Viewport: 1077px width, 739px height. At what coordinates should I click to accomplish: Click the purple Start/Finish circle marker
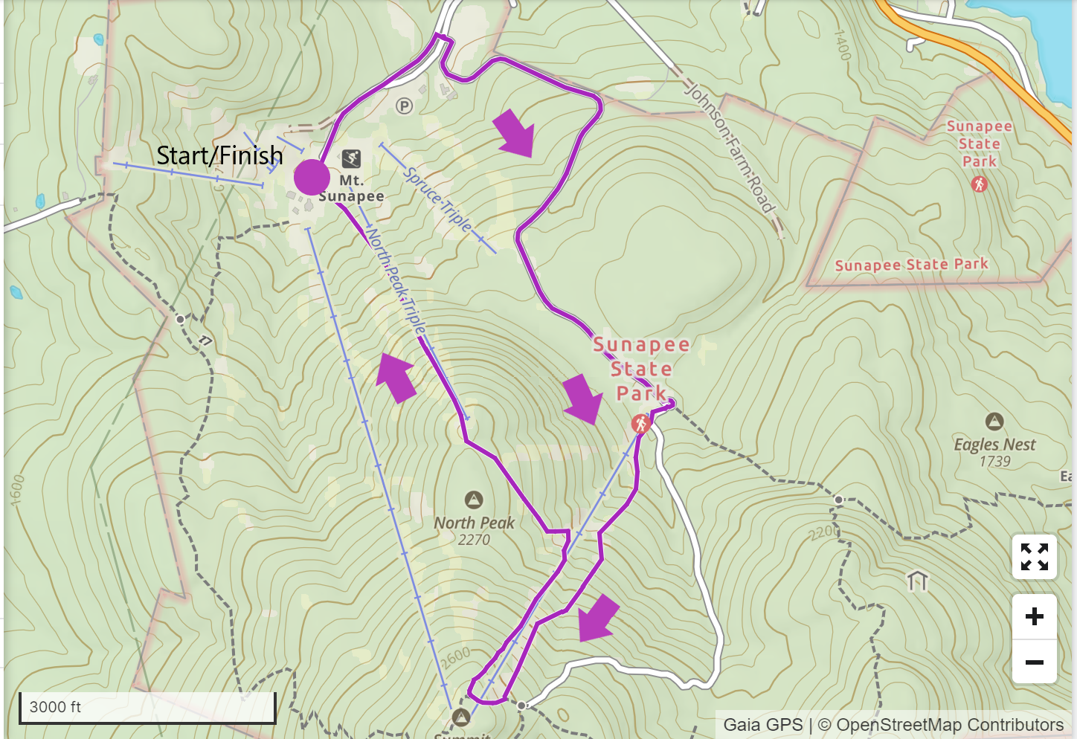click(312, 178)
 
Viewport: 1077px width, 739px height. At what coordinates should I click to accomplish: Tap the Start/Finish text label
click(219, 155)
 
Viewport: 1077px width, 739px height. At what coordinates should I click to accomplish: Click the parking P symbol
click(404, 106)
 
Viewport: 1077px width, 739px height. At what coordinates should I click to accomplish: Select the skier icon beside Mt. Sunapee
click(351, 158)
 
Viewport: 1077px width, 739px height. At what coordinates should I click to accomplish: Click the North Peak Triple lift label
click(396, 283)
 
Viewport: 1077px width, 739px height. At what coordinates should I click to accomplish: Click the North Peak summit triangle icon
click(474, 500)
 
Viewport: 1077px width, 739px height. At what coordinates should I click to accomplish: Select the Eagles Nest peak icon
click(994, 422)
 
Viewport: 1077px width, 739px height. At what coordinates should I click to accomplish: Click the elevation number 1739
click(994, 462)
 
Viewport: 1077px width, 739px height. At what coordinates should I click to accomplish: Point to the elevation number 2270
click(474, 540)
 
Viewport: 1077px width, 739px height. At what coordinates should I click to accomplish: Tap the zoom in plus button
click(1034, 616)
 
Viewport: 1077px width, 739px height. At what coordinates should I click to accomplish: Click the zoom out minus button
click(1034, 662)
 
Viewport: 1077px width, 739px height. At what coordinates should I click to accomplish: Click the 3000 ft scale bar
click(147, 707)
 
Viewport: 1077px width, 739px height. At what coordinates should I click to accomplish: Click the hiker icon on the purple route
click(640, 424)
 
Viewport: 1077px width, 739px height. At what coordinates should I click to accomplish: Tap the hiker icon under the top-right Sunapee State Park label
click(979, 184)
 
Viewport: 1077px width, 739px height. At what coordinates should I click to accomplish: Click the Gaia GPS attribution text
click(762, 724)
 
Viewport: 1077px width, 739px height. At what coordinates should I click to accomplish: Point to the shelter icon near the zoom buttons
click(918, 580)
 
